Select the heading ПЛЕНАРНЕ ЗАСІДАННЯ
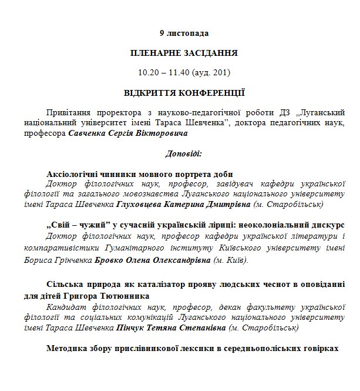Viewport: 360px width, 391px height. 184,53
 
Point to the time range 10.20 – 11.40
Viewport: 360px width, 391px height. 167,73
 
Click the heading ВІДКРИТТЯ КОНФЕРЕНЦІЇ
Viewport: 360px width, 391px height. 184,93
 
